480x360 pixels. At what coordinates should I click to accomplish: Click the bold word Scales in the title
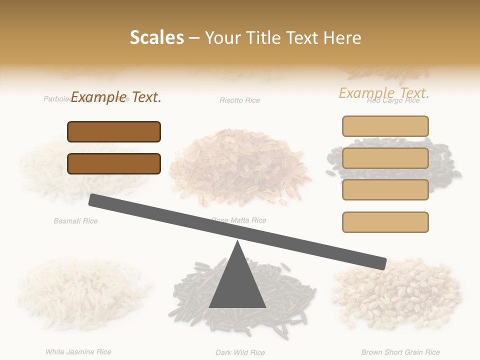(x=156, y=37)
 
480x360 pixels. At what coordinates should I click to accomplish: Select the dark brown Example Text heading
(x=116, y=97)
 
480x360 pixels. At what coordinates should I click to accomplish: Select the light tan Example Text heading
(x=384, y=93)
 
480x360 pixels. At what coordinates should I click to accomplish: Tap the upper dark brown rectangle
(x=114, y=131)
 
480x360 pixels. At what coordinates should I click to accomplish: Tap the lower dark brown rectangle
(x=114, y=163)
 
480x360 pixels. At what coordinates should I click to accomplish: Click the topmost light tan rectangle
(x=385, y=126)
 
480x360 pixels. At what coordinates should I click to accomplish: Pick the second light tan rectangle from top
(x=385, y=158)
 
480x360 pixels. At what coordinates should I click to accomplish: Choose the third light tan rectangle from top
(x=385, y=189)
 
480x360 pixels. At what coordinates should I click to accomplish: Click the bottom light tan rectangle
(x=385, y=222)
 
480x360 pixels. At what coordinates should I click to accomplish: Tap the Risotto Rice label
(x=240, y=100)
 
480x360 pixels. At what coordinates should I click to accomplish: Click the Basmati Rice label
(x=75, y=220)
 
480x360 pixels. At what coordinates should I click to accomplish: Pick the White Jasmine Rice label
(x=78, y=352)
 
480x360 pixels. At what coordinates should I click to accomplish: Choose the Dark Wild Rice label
(x=240, y=352)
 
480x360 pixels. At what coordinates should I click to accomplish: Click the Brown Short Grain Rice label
(x=400, y=352)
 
